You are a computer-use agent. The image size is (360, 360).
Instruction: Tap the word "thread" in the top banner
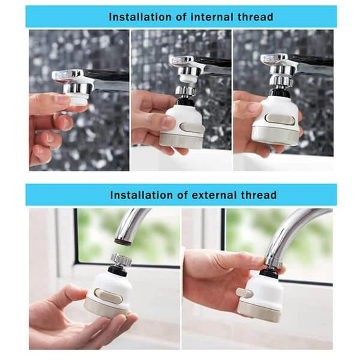click(256, 17)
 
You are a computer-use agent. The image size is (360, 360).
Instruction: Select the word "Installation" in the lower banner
click(141, 195)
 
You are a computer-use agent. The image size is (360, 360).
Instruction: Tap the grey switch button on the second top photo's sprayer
click(191, 128)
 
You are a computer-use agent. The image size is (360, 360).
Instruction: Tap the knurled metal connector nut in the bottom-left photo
click(121, 259)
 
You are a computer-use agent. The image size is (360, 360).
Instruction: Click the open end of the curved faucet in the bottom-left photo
click(123, 241)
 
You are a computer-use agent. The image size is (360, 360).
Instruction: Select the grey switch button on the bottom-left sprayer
click(108, 296)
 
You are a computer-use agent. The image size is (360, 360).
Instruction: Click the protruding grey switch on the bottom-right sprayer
click(244, 293)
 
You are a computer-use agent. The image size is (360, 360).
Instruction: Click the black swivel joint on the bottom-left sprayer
click(118, 271)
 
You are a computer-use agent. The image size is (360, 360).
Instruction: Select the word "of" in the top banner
click(181, 17)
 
